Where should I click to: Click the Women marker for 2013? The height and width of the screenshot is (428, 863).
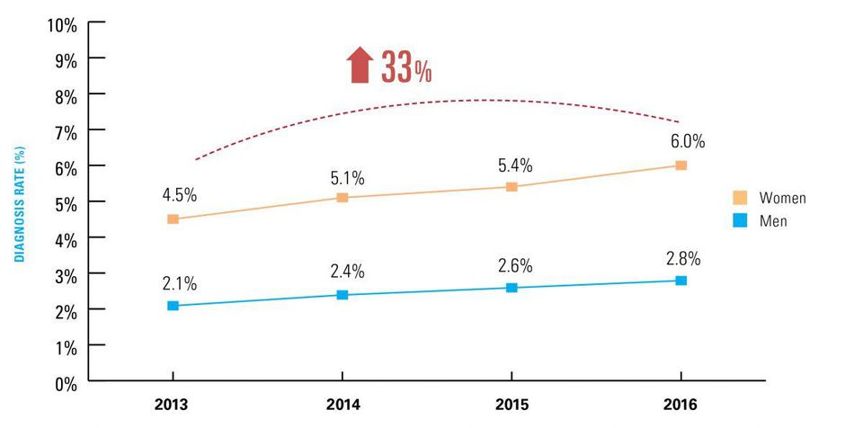173,219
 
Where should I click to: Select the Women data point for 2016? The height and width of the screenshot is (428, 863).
681,165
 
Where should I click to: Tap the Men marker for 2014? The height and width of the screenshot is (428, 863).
343,295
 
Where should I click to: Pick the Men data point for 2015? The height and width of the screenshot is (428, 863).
512,288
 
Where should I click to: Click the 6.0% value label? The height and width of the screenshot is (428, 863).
687,141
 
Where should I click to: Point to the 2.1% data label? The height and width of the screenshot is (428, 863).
179,283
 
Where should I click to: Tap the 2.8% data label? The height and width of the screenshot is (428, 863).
682,259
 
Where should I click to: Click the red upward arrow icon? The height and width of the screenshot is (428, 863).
359,67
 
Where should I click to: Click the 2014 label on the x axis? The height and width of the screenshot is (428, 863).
343,404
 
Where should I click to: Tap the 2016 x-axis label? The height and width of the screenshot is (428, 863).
681,404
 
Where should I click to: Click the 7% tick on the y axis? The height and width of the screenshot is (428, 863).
66,132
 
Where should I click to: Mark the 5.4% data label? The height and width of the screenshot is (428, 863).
516,165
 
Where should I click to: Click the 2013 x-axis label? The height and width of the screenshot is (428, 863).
173,404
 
